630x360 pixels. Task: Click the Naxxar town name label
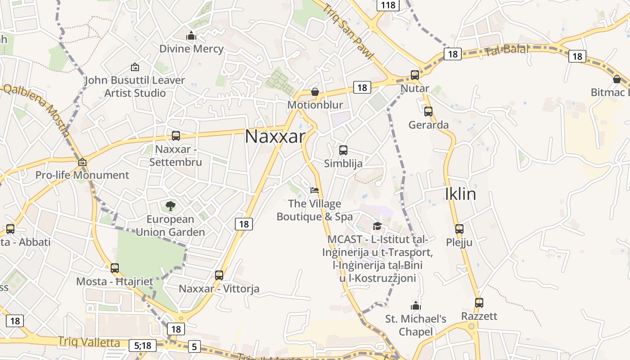point(275,136)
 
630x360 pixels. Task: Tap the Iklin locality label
point(460,194)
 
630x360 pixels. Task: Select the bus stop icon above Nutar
point(415,75)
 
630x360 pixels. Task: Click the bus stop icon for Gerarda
point(428,111)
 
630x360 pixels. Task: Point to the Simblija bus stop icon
point(343,150)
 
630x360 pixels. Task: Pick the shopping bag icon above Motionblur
point(315,92)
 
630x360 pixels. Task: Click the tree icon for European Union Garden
point(171,206)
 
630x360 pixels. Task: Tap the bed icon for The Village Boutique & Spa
point(315,190)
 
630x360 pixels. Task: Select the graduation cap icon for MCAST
point(377,226)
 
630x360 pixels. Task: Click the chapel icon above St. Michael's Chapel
point(416,306)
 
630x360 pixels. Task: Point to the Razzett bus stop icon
point(479,303)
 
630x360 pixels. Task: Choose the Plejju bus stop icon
point(459,229)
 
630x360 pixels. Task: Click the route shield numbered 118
point(387,5)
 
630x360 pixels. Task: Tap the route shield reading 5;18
point(143,346)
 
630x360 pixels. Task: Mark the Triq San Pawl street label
point(348,31)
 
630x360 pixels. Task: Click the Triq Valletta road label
point(89,342)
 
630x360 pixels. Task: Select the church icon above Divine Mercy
point(192,35)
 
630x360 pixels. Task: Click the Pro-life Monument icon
point(82,162)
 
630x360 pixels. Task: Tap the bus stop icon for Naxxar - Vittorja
point(219,275)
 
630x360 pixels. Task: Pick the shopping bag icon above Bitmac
point(617,79)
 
